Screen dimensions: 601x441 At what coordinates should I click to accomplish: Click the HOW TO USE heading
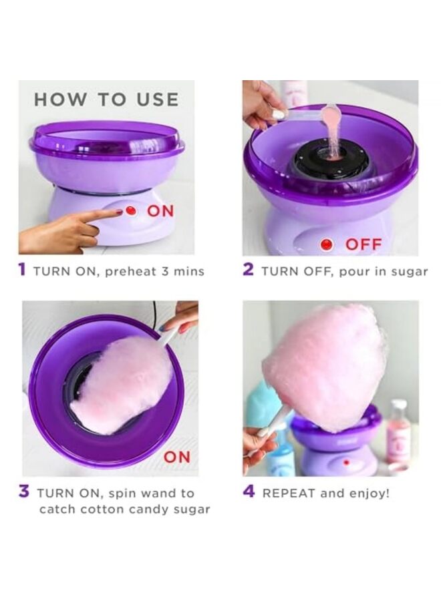click(x=106, y=100)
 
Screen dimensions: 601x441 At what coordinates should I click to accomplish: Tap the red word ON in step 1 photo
click(x=160, y=211)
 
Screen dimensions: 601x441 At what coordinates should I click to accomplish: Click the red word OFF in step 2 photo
click(x=363, y=244)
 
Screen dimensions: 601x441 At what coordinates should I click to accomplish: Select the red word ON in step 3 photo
click(x=177, y=457)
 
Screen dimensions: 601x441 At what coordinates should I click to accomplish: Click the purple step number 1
click(x=22, y=270)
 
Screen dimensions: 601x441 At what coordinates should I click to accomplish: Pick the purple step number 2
click(x=248, y=270)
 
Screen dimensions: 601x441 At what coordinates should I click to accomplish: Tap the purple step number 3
click(x=24, y=493)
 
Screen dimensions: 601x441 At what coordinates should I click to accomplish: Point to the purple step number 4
click(x=249, y=492)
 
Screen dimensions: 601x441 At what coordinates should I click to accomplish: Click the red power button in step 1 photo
click(x=131, y=211)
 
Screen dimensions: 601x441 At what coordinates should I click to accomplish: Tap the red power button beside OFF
click(x=326, y=244)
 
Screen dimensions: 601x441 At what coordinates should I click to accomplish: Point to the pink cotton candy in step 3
click(x=120, y=385)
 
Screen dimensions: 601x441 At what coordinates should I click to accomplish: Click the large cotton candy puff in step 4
click(x=325, y=365)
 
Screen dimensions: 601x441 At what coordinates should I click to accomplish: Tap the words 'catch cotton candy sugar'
click(x=124, y=510)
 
